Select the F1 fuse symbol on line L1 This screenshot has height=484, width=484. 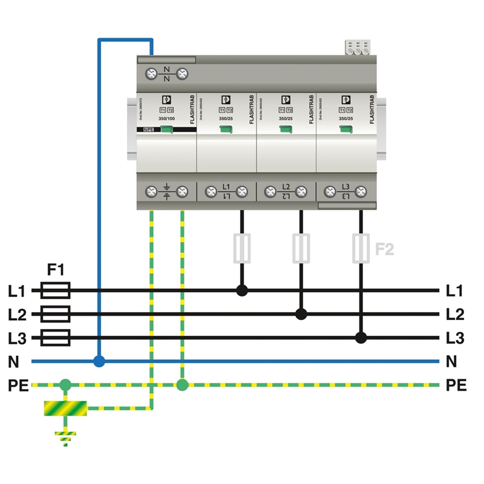(55, 291)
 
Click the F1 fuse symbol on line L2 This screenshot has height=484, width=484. (55, 314)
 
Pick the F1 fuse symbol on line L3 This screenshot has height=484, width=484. (55, 338)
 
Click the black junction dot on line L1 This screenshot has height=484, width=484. (242, 290)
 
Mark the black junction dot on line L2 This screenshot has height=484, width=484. (301, 314)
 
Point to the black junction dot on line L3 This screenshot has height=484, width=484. (361, 338)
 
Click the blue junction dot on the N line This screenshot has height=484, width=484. (99, 362)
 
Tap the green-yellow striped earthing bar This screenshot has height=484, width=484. (65, 408)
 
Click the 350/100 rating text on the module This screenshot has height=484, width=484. (167, 119)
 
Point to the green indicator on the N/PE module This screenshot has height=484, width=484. (167, 130)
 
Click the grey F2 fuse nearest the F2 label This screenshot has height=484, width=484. (361, 248)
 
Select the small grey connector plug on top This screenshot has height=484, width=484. (357, 48)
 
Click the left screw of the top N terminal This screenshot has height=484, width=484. (152, 74)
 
